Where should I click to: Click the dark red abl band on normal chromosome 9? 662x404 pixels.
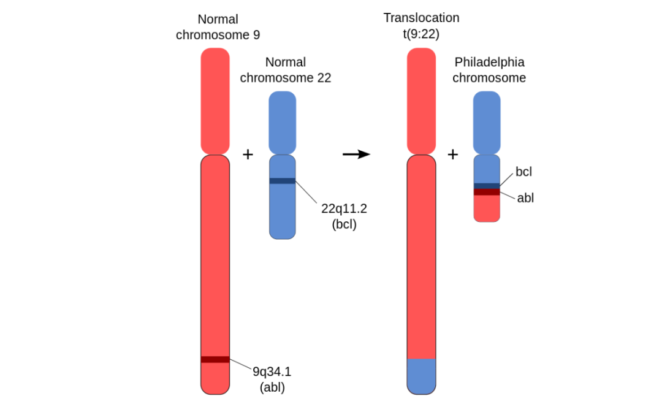[215, 359]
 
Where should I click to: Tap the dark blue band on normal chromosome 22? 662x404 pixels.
[283, 181]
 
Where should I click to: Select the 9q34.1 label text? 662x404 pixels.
[273, 371]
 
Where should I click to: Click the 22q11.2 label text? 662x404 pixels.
[344, 208]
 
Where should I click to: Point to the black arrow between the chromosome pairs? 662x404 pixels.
[356, 154]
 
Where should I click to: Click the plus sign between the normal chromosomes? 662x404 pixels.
[248, 154]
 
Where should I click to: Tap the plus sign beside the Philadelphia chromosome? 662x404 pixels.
[453, 154]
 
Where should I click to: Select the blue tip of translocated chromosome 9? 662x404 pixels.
[422, 375]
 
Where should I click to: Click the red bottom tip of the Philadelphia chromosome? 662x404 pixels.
[487, 209]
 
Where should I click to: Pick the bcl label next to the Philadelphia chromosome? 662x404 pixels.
[523, 172]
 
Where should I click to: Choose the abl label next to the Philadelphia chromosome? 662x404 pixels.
[525, 198]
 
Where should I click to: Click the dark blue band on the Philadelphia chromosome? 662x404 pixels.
[487, 185]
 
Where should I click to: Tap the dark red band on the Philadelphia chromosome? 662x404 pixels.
[487, 192]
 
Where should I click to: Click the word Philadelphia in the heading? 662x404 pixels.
[490, 63]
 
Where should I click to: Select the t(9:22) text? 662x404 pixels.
[422, 34]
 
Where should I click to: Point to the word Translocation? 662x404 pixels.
[422, 18]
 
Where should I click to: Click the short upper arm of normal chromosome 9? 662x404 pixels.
[215, 101]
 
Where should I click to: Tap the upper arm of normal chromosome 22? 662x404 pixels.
[283, 123]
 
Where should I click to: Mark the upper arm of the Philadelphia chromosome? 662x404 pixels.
[487, 123]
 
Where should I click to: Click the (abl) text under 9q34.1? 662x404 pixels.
[272, 387]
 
